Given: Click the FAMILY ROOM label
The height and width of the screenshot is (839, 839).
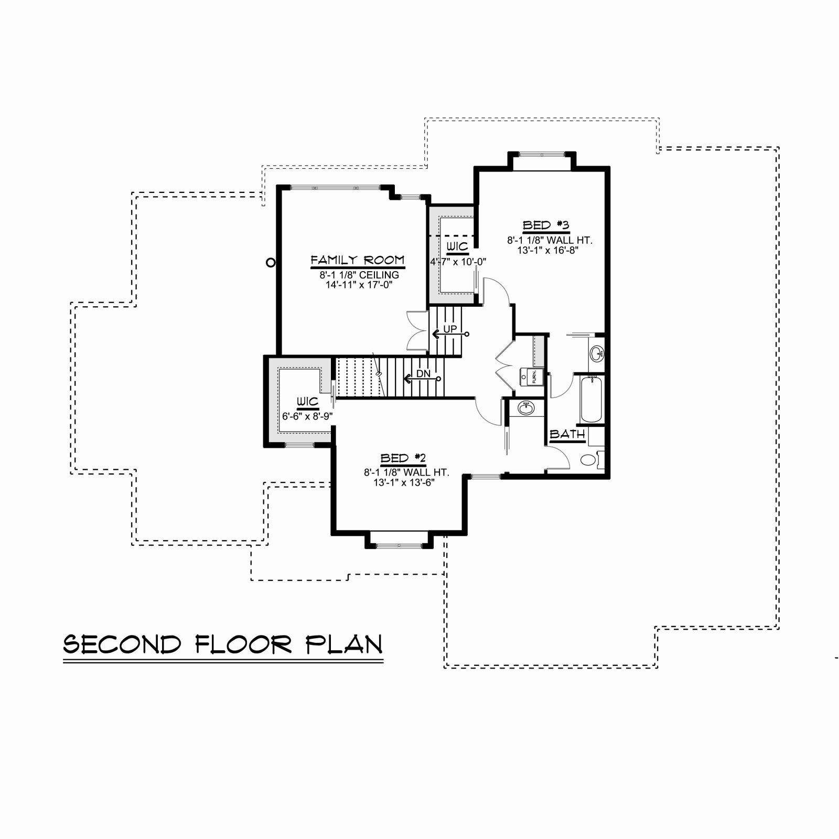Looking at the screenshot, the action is pyautogui.click(x=358, y=260).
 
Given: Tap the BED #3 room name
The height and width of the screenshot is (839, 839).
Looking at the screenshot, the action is pyautogui.click(x=546, y=225).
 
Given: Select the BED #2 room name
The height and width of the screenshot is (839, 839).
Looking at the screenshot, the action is pyautogui.click(x=403, y=458).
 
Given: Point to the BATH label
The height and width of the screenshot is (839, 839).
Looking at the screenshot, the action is pyautogui.click(x=567, y=434).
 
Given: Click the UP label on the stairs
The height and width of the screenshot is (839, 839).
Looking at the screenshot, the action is pyautogui.click(x=450, y=329).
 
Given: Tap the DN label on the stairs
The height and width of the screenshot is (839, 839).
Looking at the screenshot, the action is pyautogui.click(x=423, y=374).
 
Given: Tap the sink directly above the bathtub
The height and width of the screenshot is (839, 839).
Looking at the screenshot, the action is pyautogui.click(x=597, y=353).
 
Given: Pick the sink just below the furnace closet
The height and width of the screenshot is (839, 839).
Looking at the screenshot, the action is pyautogui.click(x=525, y=407).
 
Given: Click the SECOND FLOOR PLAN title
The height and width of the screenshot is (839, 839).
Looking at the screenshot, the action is pyautogui.click(x=223, y=644).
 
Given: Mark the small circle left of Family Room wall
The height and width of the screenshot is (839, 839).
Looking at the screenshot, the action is pyautogui.click(x=271, y=262).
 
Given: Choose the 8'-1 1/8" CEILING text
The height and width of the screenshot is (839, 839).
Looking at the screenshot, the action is pyautogui.click(x=359, y=275).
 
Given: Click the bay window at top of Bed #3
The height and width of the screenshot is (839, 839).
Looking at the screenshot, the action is pyautogui.click(x=542, y=154).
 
